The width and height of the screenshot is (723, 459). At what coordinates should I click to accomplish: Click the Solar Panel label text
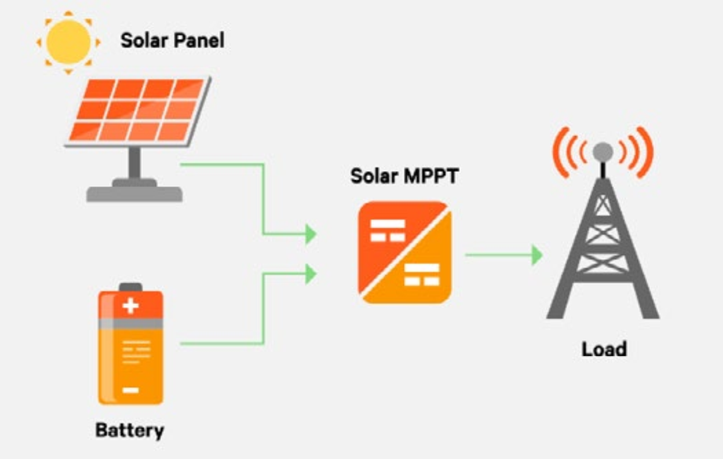tap(172, 40)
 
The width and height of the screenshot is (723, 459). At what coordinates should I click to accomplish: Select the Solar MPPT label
tap(404, 176)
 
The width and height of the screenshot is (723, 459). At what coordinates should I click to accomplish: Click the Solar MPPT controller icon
tap(405, 252)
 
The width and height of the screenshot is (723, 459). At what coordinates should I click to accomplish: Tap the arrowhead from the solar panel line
tap(311, 234)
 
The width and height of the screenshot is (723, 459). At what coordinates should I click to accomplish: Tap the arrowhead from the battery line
tap(311, 274)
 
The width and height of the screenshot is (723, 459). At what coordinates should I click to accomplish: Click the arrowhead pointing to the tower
tap(536, 255)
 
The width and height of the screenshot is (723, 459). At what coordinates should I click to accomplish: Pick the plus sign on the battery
tap(130, 306)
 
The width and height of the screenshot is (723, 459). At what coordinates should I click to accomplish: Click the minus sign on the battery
tap(130, 390)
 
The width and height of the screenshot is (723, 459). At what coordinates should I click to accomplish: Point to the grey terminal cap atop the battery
tap(130, 287)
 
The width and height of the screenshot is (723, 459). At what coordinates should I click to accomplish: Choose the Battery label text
tap(129, 430)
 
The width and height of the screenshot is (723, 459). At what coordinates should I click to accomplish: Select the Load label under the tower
tap(604, 350)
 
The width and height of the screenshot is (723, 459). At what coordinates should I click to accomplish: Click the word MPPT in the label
tap(432, 176)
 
